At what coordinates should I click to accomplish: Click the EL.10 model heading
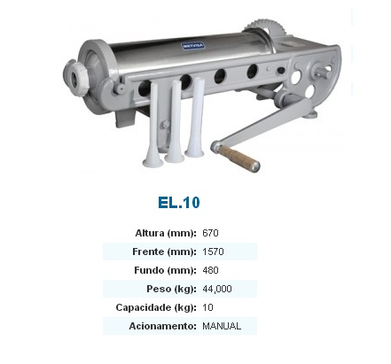click(179, 203)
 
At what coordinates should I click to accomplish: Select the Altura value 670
click(210, 233)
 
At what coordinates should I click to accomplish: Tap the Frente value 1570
click(213, 252)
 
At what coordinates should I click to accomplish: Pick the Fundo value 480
click(210, 270)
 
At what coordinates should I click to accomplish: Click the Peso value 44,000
click(217, 289)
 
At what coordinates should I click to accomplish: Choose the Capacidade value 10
click(207, 307)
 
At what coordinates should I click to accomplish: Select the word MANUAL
click(222, 326)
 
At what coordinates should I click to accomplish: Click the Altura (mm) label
click(166, 233)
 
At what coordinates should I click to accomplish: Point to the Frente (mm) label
click(164, 252)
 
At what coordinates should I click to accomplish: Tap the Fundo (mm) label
click(165, 270)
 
